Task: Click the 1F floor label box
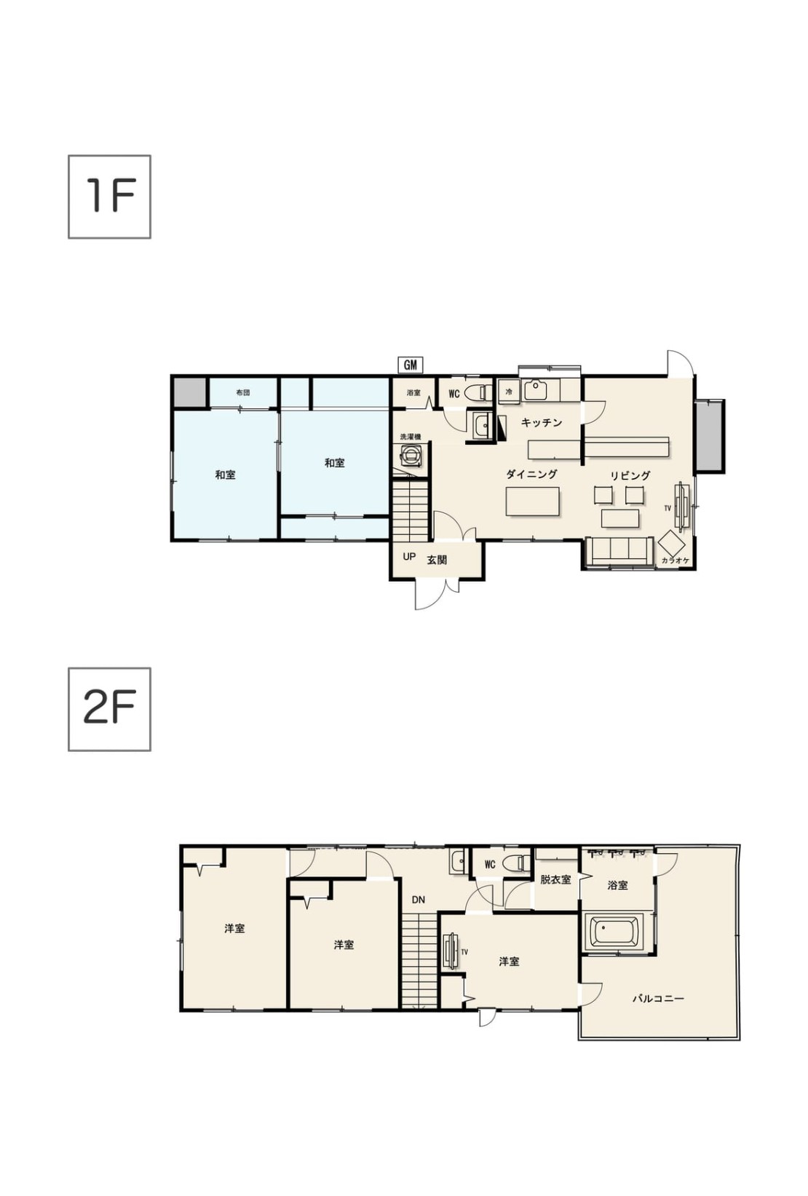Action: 109,197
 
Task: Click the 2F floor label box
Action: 109,709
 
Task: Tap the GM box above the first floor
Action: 410,365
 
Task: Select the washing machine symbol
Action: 412,455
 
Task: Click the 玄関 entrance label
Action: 436,560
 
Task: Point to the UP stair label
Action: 408,556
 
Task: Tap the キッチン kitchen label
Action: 542,422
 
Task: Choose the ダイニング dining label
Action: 531,474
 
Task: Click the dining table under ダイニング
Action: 532,501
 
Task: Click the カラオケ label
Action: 675,560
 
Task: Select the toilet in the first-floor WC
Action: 478,393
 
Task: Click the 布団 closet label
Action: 242,392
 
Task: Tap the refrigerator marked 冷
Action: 509,392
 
